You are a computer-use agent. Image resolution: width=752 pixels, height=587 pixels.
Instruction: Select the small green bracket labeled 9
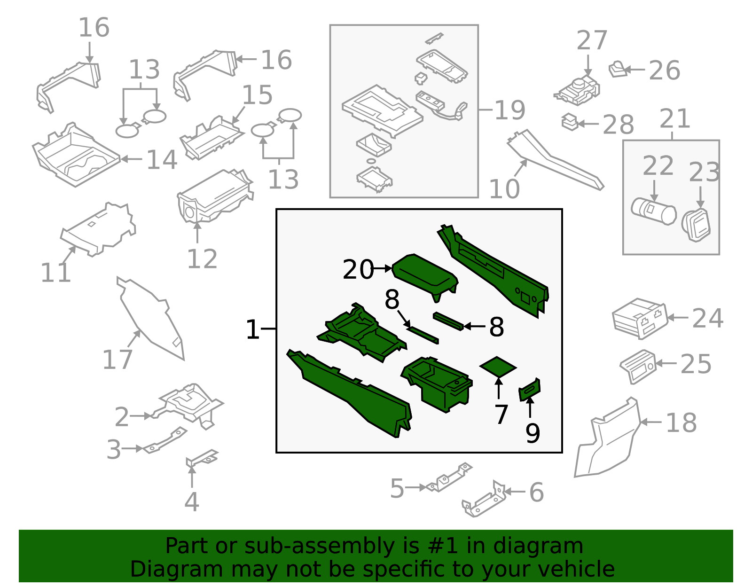530,390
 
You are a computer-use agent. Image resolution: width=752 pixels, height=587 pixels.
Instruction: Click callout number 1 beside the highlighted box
252,329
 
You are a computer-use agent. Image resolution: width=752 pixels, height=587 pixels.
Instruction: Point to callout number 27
592,40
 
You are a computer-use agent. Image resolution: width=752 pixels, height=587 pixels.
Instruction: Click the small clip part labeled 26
618,70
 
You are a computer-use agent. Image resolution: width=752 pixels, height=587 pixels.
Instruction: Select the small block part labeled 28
570,122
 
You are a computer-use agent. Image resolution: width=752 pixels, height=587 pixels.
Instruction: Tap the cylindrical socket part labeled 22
653,212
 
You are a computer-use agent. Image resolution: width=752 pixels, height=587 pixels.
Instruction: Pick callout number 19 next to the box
509,110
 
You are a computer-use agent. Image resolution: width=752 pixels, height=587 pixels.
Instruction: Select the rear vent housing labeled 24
639,318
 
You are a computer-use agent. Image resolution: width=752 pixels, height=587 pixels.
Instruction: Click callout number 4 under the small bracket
191,502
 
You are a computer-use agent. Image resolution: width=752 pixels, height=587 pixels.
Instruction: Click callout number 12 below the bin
202,259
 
